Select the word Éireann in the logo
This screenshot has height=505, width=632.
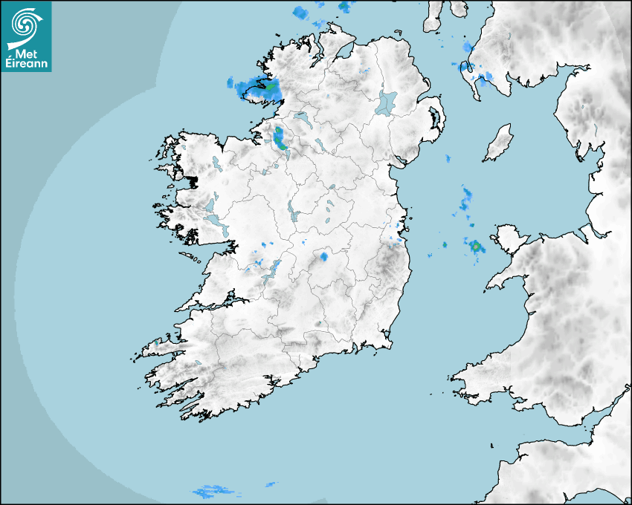[x=26, y=64]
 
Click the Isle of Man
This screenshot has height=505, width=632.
[x=499, y=143]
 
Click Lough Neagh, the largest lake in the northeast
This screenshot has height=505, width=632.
[x=387, y=102]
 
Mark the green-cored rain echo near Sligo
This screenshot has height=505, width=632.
[x=280, y=139]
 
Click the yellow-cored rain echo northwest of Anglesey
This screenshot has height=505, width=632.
[x=474, y=246]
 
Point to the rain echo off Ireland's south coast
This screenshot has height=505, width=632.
[x=214, y=491]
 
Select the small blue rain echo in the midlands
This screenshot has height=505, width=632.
[x=324, y=256]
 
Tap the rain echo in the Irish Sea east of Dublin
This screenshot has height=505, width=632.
[x=466, y=197]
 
